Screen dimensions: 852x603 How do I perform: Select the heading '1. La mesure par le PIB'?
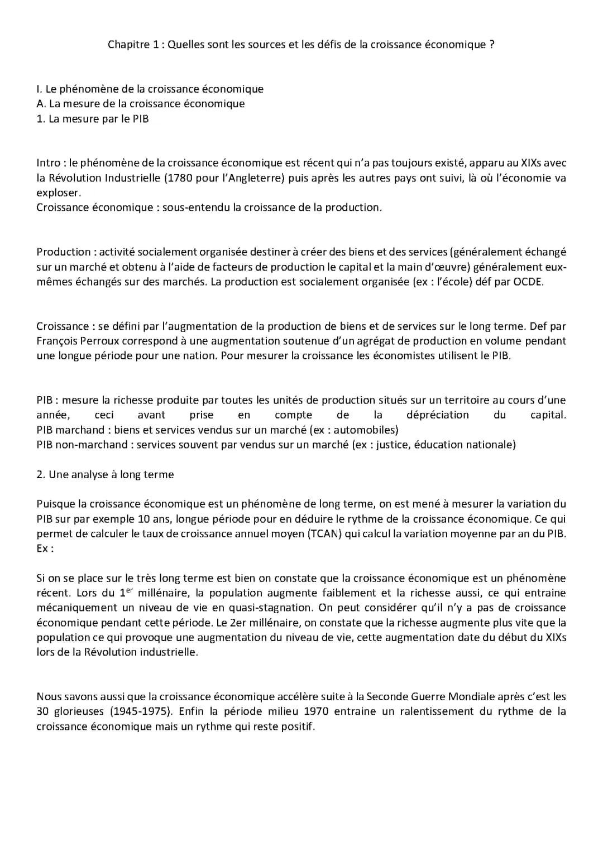(x=93, y=119)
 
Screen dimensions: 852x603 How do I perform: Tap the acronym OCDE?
(x=528, y=282)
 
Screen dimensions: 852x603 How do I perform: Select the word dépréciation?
(x=438, y=415)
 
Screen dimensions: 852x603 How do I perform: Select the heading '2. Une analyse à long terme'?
(x=105, y=475)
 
